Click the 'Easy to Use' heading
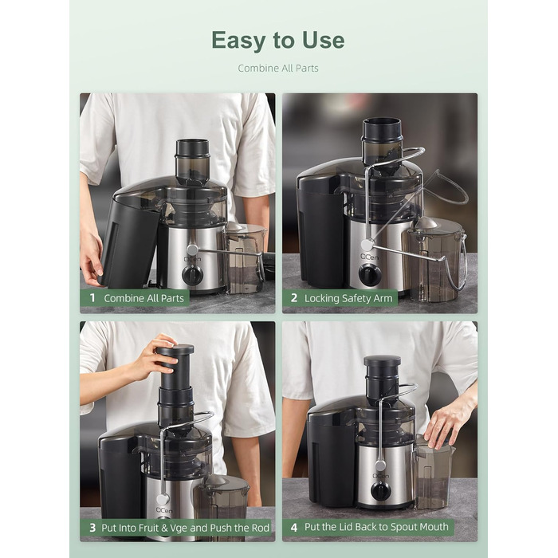tap(278, 40)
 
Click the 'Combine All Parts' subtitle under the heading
tap(278, 69)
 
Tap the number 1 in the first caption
tap(92, 298)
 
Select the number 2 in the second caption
tap(294, 298)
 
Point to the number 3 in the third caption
tap(92, 528)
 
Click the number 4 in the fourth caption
tap(294, 527)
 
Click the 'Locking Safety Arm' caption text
tap(349, 298)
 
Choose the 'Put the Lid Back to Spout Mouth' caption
tap(376, 527)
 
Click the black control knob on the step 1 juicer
tap(192, 274)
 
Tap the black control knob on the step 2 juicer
tap(369, 275)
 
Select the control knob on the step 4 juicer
tap(380, 490)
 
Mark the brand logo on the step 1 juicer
tap(192, 258)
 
